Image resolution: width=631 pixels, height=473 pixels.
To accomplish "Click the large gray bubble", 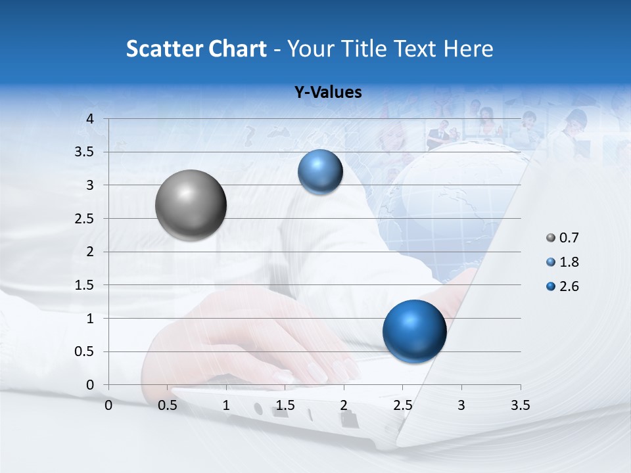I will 191,205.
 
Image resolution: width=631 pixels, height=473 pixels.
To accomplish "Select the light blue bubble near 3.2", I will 320,172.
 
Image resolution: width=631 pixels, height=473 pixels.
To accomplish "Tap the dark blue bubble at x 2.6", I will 414,331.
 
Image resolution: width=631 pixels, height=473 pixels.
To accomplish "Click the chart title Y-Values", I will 327,93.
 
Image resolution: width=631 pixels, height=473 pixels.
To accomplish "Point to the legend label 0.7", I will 569,238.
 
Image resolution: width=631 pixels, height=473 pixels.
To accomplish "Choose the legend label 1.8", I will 569,262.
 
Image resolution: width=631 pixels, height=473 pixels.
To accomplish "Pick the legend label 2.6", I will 569,286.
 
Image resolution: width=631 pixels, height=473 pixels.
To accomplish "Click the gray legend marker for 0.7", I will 551,238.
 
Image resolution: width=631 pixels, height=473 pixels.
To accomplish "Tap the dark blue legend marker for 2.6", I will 551,286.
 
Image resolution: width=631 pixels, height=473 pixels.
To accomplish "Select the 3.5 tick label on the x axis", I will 520,406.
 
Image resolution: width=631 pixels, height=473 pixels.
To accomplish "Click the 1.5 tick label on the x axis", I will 285,406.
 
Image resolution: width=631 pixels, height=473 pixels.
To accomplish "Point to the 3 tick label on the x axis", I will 461,406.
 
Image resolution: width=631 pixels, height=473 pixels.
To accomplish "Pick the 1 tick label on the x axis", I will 226,406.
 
